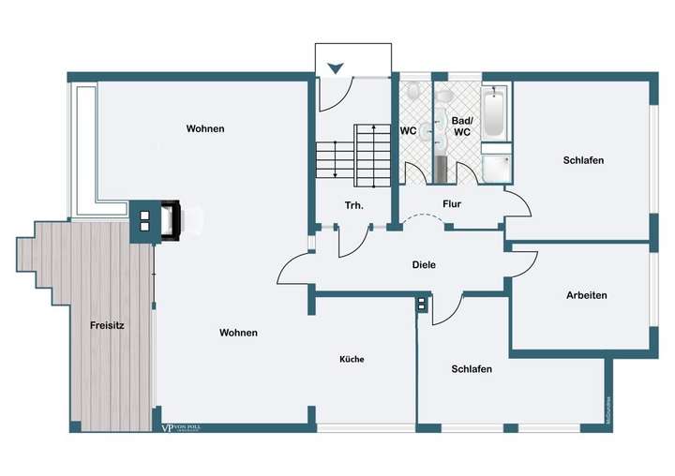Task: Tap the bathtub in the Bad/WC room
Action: pos(494,112)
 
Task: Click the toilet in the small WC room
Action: pos(414,92)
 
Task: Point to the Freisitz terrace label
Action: pos(108,326)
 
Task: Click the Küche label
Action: pos(352,359)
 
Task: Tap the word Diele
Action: pos(424,264)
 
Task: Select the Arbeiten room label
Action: pos(586,295)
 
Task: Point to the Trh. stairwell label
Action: pos(354,205)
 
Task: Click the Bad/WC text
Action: pos(462,126)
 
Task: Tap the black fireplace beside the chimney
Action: pos(170,221)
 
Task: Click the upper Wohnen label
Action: pos(205,128)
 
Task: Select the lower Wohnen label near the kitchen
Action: pos(238,333)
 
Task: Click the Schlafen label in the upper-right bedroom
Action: pos(583,160)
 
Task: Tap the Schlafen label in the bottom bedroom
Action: pos(472,369)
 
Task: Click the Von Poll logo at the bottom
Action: pos(181,427)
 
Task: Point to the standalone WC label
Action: pos(408,131)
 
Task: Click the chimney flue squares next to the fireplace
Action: pos(144,221)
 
